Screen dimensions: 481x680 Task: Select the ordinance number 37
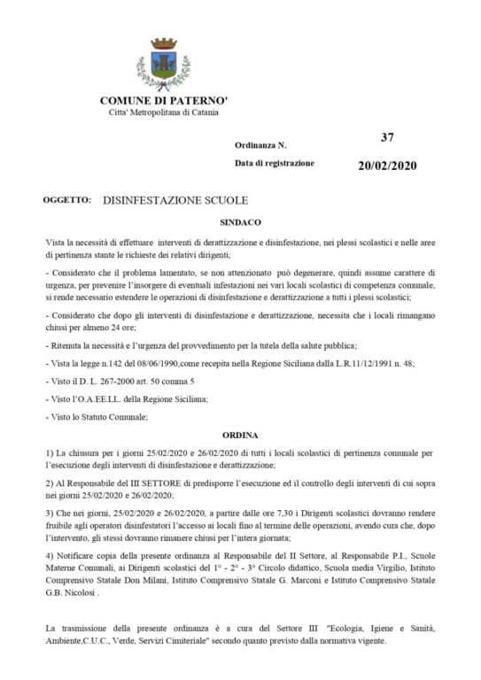(x=385, y=137)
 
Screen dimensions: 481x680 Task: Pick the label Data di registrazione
(x=274, y=164)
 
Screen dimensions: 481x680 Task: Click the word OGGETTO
(x=66, y=201)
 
